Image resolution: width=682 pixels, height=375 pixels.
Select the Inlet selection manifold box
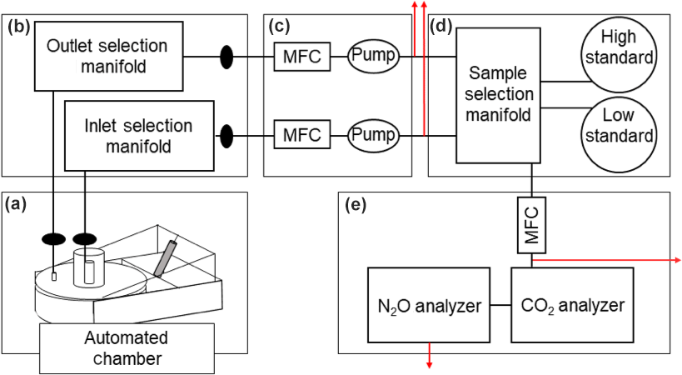139,137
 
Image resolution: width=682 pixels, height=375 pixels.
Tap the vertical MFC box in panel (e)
532,225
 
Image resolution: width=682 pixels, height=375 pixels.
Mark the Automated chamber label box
126,349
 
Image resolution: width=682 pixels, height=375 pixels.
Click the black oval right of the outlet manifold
227,57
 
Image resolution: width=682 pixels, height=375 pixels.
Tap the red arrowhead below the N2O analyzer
430,363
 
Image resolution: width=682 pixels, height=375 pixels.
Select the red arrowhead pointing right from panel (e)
676,259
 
